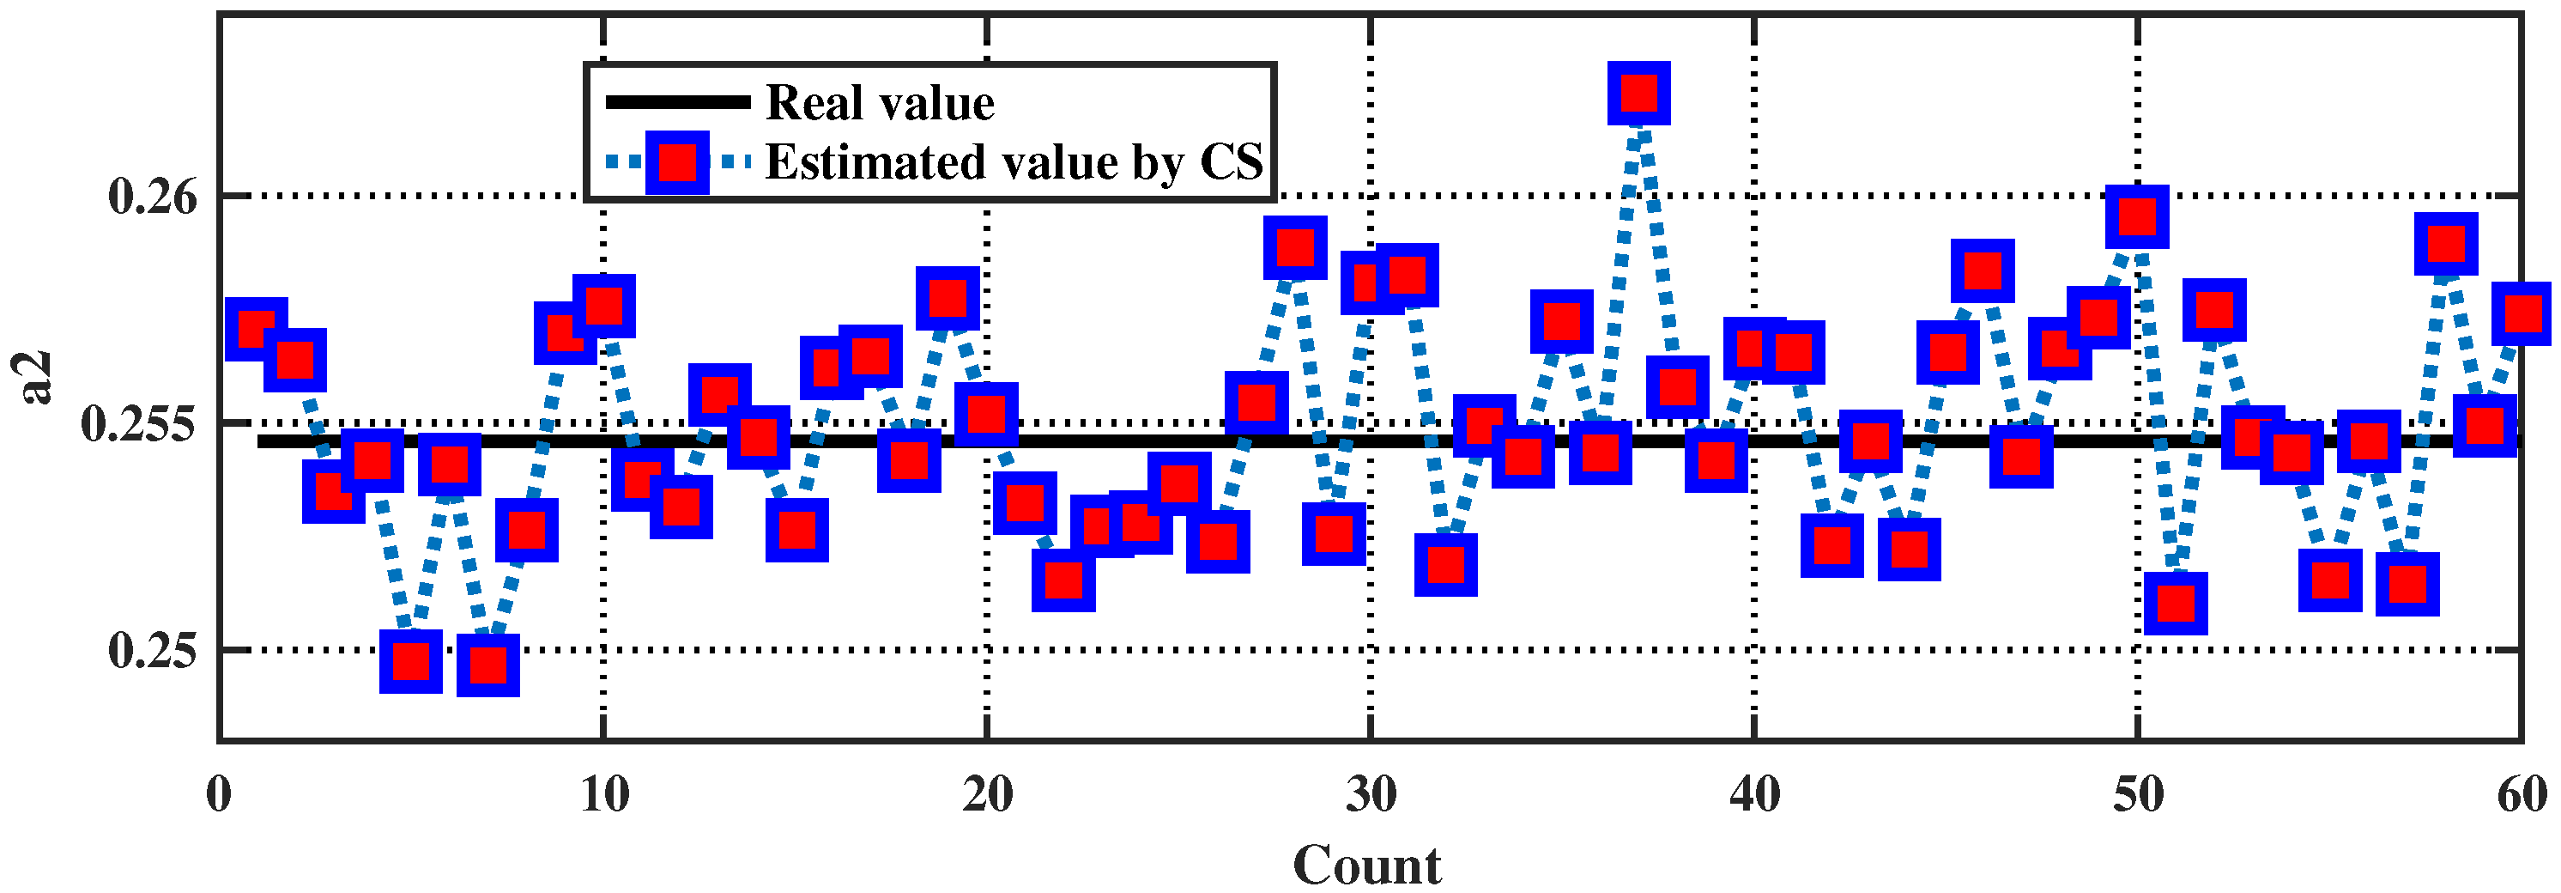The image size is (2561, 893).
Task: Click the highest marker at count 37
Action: point(1638,94)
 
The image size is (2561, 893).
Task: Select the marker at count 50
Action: point(2136,216)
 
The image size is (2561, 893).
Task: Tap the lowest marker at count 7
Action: point(487,665)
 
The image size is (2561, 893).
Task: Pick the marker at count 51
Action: point(2176,603)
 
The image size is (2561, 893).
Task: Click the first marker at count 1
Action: point(257,327)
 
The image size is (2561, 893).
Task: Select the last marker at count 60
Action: point(2521,313)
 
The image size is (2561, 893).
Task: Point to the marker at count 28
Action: point(1294,246)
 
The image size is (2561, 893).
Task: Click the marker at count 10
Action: point(603,306)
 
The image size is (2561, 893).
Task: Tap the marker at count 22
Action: point(1063,580)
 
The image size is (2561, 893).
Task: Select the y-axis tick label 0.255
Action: point(139,423)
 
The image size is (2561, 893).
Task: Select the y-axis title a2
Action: point(37,378)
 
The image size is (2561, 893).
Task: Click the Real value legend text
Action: point(879,102)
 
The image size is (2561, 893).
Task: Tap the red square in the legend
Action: point(676,162)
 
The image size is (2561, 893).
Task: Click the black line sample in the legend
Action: point(677,101)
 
